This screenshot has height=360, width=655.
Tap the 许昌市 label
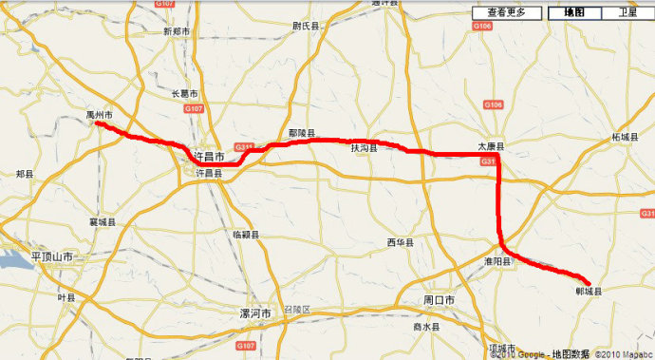(208, 154)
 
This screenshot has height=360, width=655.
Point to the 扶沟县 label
(364, 149)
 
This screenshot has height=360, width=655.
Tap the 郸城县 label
(589, 291)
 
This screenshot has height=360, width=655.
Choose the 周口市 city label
(439, 300)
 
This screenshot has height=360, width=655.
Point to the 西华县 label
(402, 243)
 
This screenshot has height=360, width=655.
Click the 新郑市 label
(178, 31)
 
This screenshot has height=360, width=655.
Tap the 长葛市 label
(184, 93)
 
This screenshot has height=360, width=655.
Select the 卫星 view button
(627, 12)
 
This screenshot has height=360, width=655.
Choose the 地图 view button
(574, 12)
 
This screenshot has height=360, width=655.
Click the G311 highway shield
(245, 146)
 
